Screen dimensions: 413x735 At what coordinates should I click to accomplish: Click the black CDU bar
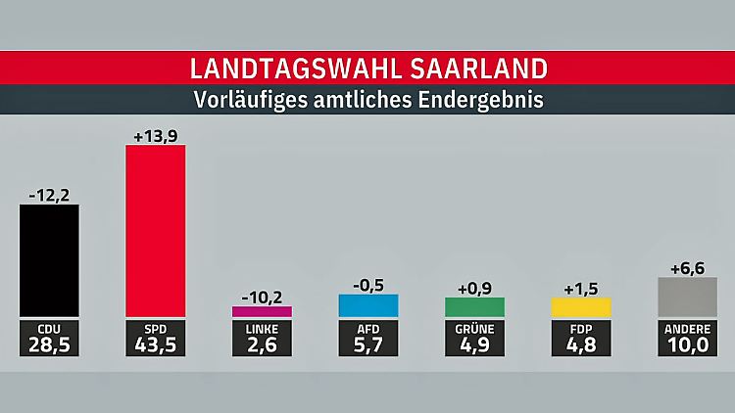click(49, 260)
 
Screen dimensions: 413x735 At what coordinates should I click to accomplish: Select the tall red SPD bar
click(156, 231)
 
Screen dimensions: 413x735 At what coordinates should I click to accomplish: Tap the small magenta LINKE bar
click(262, 311)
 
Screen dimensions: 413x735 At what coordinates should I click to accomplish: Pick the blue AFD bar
click(368, 304)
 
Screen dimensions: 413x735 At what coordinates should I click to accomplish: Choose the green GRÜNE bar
click(474, 306)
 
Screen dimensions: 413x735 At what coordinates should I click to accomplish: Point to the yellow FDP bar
click(581, 306)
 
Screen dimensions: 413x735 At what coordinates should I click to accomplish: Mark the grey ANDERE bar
click(687, 297)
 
